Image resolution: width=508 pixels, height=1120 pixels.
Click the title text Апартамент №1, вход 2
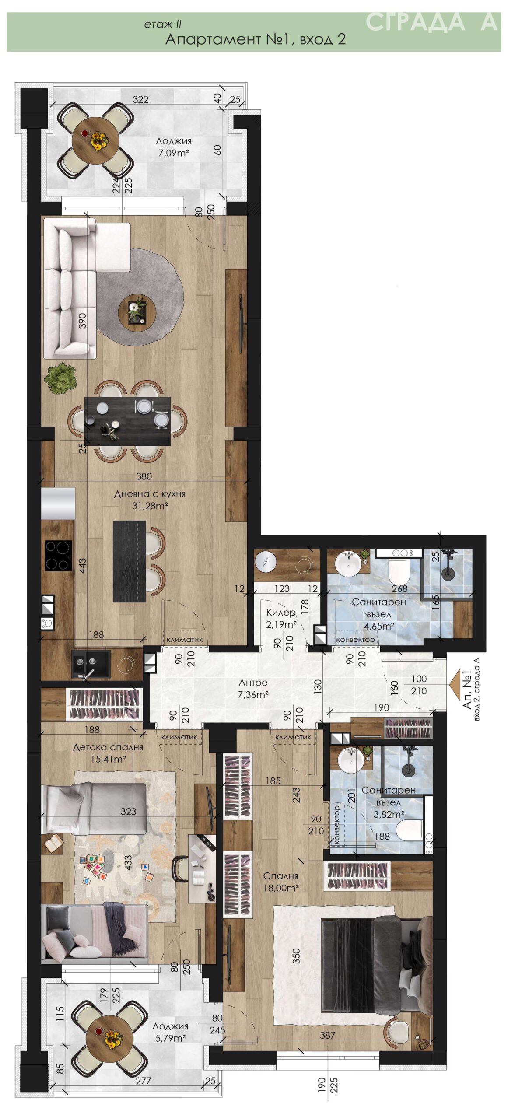point(256,39)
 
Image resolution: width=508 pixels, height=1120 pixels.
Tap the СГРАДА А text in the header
point(431,22)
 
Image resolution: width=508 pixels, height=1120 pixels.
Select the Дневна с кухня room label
point(150,494)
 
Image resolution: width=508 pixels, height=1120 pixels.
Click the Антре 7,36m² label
point(253,688)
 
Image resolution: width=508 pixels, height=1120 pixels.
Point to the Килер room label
point(281,612)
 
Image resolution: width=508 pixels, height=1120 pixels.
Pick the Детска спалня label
point(108,747)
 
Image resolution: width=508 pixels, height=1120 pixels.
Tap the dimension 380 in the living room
point(144,476)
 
